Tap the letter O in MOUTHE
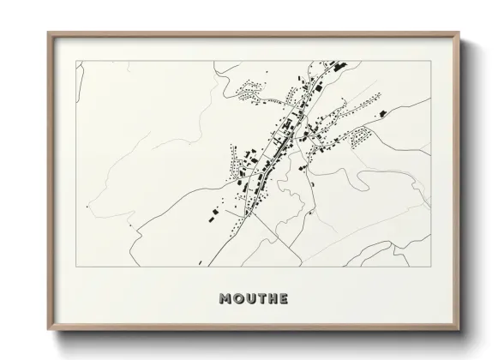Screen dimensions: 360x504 pos(239,299)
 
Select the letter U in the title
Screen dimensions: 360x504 pos(251,299)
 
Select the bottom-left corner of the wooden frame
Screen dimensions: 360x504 pos(48,333)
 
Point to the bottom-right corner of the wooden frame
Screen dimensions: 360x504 pos(459,333)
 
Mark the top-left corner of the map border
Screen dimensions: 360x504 pos(77,61)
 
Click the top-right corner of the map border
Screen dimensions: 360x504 pos(429,61)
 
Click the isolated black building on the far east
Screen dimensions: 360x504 pos(382,112)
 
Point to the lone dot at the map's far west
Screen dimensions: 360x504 pos(87,206)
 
